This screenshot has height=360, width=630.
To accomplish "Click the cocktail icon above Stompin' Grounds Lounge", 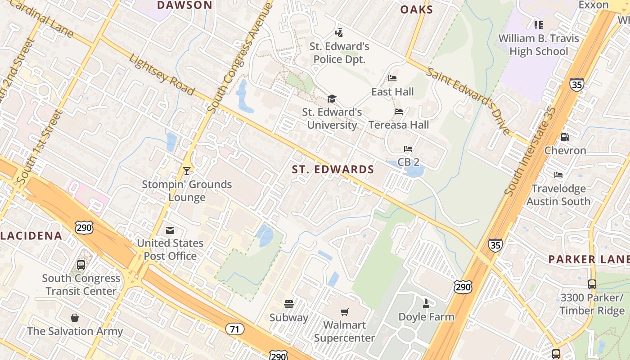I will pos(187,171).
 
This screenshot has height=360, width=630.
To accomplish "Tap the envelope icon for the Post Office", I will pos(170,230).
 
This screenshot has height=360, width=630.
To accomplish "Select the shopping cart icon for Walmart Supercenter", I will pos(345,312).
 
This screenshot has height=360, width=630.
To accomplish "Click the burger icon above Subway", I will pos(289,305).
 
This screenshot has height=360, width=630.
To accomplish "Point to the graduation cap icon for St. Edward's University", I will pos(332,99).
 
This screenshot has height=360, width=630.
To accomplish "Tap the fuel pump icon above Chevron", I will pos(565,137).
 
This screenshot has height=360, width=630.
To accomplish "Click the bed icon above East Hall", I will pos(392,78).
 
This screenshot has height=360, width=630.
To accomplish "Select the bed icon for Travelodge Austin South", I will pos(558,175).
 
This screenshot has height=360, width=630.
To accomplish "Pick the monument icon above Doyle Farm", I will pos(426,303).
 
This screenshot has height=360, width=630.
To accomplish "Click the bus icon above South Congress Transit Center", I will pos(81,265).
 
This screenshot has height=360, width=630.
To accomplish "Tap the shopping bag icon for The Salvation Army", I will pos(75,318).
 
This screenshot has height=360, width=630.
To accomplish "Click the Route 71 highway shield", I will pos(234,329).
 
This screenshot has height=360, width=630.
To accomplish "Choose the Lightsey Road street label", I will pos(162,75).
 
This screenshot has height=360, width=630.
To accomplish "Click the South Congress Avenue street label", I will pos(240,58).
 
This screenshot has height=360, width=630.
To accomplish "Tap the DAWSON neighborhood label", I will pos(184,5).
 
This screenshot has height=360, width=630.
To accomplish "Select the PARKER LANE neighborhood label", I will pos(589,259).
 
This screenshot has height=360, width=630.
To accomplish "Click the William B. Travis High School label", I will pos(539,45).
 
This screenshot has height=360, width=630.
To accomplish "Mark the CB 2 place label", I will pos(409,162).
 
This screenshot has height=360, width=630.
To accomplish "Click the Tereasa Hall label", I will pos(399,125).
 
